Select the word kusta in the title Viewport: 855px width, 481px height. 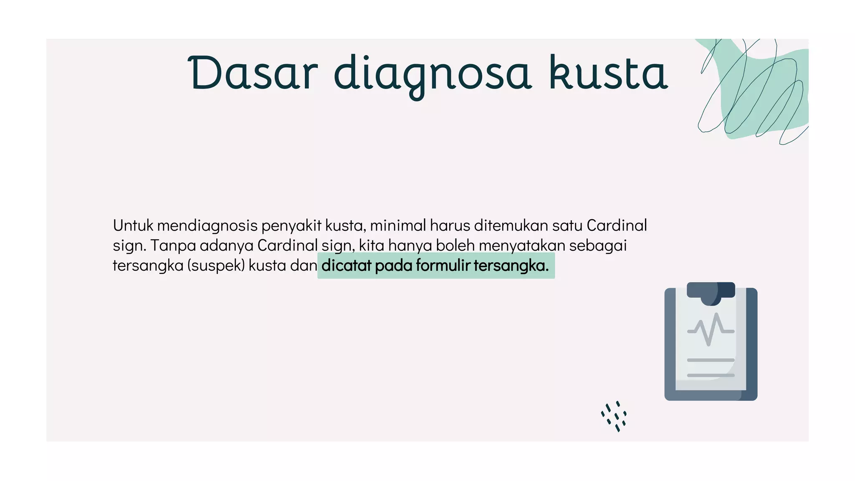point(608,73)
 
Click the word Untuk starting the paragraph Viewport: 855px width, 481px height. point(133,225)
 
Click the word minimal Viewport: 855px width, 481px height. point(398,225)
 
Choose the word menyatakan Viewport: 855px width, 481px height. point(522,246)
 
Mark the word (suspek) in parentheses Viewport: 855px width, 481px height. point(215,266)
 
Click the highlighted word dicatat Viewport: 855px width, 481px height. point(346,266)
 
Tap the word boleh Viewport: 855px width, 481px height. point(455,246)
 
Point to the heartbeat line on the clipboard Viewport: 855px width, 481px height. point(711,330)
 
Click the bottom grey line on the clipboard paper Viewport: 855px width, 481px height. point(711,375)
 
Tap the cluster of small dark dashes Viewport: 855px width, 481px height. point(614,416)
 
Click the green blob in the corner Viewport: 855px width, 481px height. point(764,92)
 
